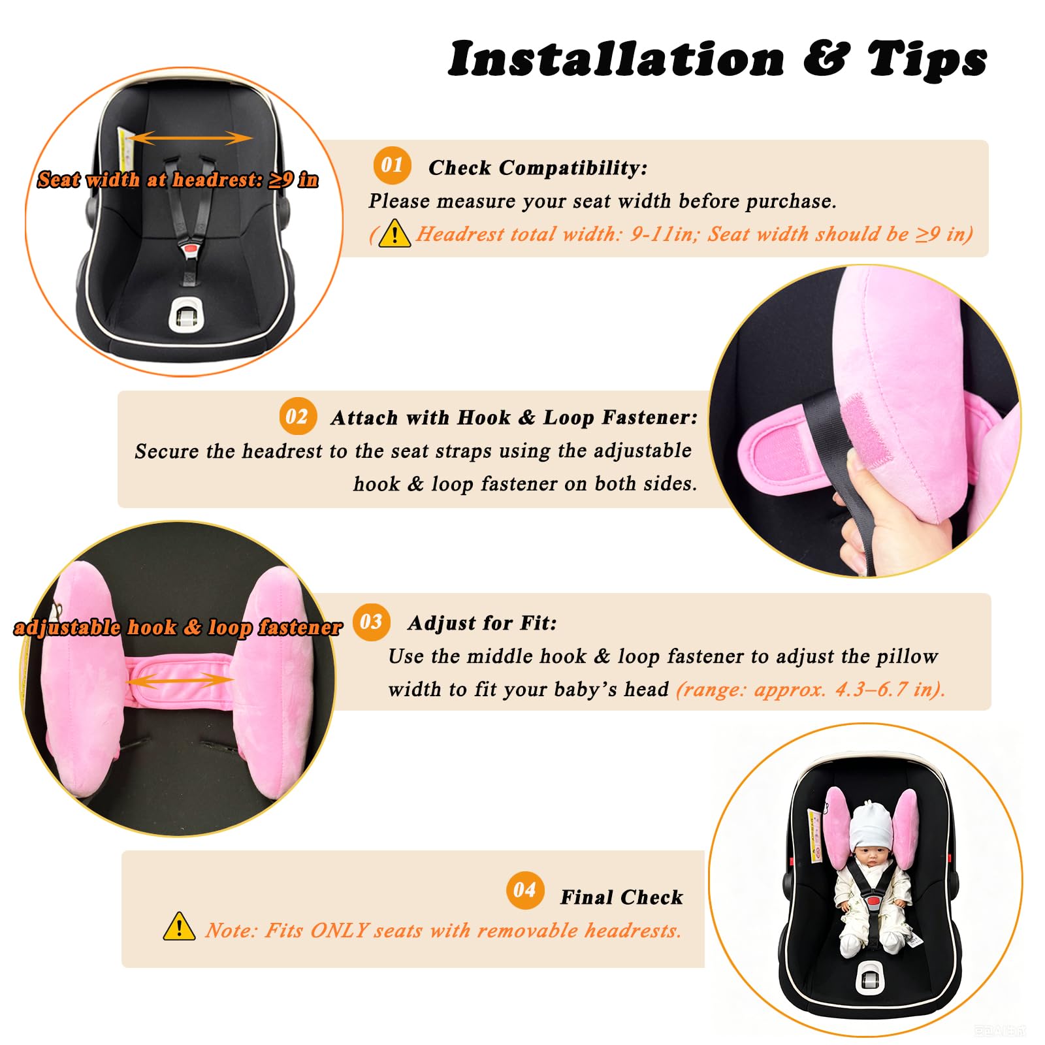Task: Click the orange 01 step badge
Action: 392,165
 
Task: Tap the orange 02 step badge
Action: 298,416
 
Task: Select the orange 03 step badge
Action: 371,622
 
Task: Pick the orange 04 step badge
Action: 525,890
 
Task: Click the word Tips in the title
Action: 927,59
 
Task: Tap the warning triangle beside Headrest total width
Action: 394,233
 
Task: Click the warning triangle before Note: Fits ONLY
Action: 179,926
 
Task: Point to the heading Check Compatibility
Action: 538,168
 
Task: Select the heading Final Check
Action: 622,897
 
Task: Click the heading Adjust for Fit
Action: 483,623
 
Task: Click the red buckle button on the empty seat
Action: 191,249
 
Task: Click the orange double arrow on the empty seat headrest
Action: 191,138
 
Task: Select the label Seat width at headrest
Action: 178,179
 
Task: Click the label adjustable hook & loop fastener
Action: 178,628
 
